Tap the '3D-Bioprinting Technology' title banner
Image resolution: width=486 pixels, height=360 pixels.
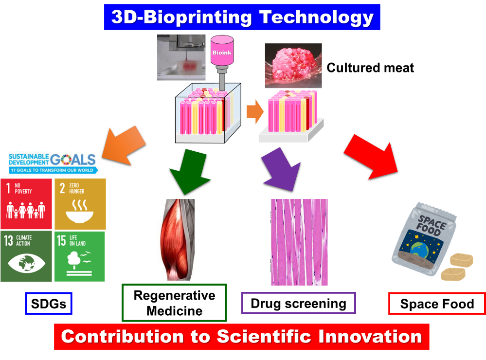[x=242, y=17]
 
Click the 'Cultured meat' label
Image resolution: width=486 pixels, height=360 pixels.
[x=370, y=68]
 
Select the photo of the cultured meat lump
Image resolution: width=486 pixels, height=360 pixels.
[x=293, y=65]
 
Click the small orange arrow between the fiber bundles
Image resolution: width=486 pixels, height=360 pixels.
[x=255, y=111]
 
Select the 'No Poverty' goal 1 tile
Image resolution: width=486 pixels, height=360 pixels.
[x=26, y=204]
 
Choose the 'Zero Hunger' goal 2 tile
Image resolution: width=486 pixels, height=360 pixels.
[x=80, y=204]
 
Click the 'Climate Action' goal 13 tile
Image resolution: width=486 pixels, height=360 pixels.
[x=26, y=256]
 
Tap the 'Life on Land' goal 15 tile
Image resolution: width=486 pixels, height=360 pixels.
[x=80, y=256]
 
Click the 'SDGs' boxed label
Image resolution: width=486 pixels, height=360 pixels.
[x=49, y=304]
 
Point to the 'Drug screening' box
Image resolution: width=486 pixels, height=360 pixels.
[x=299, y=303]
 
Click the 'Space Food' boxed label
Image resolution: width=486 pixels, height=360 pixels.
[x=437, y=304]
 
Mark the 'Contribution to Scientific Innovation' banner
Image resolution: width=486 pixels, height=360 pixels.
[x=242, y=337]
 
